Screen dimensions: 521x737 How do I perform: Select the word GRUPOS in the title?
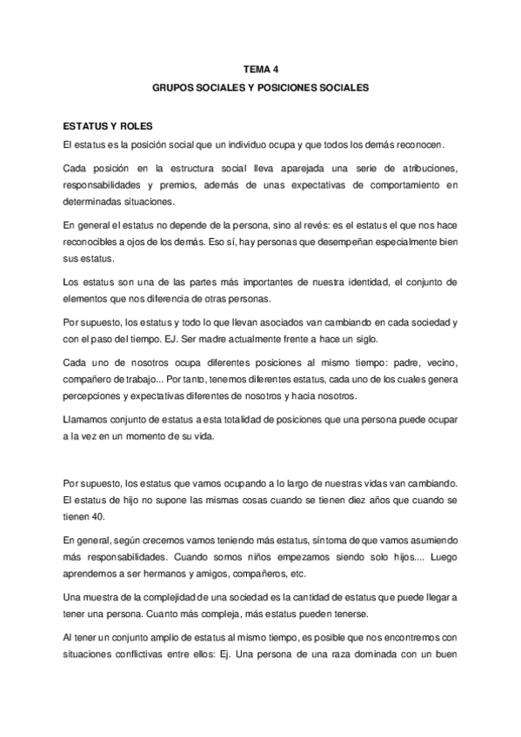pyautogui.click(x=174, y=88)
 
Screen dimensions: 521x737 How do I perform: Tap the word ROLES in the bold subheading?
pyautogui.click(x=117, y=126)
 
